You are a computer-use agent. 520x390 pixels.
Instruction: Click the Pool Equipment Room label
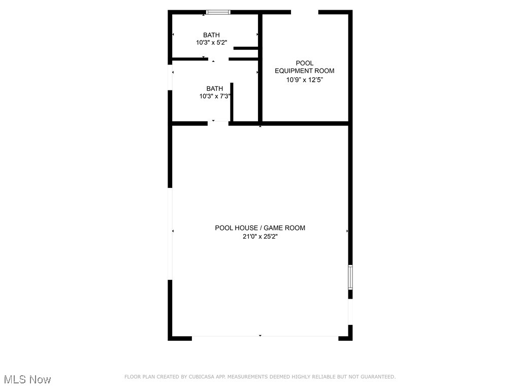coord(305,67)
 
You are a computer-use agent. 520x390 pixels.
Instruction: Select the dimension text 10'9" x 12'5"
coord(305,80)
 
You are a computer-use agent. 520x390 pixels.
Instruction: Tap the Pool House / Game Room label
coord(260,228)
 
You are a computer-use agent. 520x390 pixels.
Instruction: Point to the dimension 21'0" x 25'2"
coord(260,236)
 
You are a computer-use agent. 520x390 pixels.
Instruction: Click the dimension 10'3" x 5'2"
coord(211,43)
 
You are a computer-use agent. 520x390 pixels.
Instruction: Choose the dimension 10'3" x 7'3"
coord(215,96)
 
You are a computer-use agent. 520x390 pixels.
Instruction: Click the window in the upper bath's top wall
coord(218,12)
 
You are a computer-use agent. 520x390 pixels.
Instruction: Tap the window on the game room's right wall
coord(350,277)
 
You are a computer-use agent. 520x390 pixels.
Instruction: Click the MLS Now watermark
coord(27,379)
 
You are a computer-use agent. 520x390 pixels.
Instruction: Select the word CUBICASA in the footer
coord(201,377)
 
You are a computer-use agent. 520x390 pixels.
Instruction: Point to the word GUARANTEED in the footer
coord(377,377)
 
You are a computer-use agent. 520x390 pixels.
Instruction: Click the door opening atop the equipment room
coord(305,12)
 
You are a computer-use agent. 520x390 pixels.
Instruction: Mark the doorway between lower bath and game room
coord(218,122)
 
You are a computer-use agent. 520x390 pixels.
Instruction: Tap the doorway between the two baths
coord(218,59)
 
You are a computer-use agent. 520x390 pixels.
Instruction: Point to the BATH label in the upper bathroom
coord(211,35)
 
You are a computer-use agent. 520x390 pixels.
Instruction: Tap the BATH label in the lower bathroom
coord(215,88)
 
